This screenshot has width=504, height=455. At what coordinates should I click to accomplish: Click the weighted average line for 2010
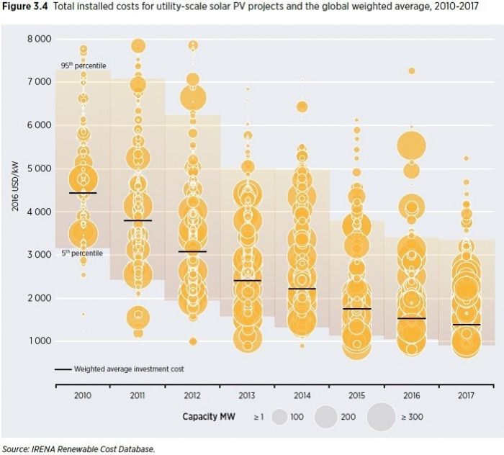83,193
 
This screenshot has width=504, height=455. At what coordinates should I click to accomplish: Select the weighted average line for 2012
192,251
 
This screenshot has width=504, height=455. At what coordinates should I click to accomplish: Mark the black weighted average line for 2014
302,289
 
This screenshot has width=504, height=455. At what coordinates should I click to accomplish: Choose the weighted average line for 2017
467,325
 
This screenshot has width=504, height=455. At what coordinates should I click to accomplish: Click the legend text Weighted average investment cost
129,369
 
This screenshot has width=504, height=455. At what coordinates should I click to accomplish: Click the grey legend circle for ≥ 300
381,417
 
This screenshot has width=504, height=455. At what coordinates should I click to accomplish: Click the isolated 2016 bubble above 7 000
412,71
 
